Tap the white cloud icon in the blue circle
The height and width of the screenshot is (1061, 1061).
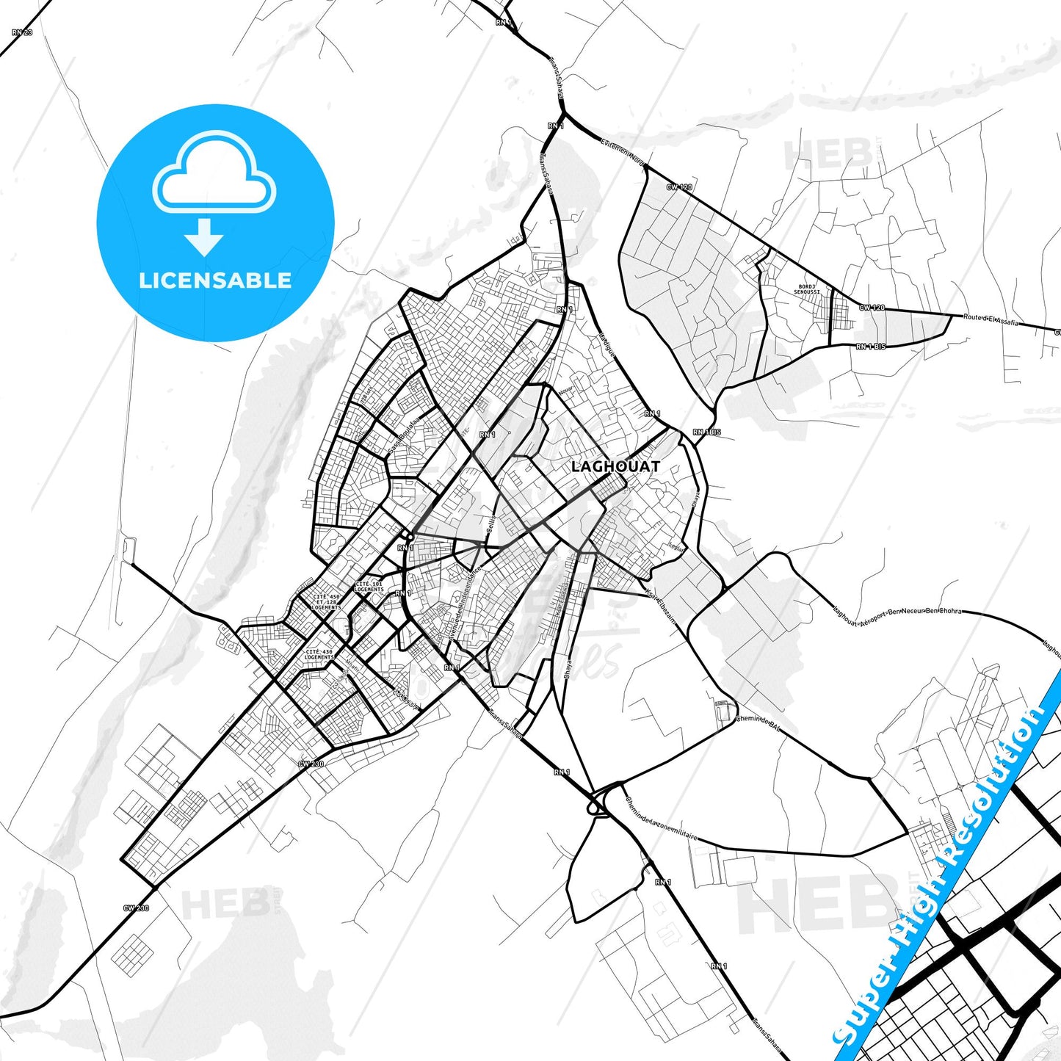pyautogui.click(x=214, y=174)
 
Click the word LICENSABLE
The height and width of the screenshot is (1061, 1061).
pyautogui.click(x=215, y=280)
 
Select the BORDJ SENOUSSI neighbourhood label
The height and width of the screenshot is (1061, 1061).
pyautogui.click(x=805, y=289)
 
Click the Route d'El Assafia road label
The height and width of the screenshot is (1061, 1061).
pyautogui.click(x=991, y=319)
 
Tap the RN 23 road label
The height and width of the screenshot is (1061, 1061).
pyautogui.click(x=23, y=32)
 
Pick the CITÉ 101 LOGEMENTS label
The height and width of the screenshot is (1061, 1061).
pyautogui.click(x=369, y=587)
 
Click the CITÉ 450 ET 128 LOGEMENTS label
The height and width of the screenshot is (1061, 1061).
pyautogui.click(x=326, y=602)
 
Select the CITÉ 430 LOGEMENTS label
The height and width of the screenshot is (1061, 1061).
pyautogui.click(x=319, y=654)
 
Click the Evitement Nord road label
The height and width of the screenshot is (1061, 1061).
pyautogui.click(x=621, y=151)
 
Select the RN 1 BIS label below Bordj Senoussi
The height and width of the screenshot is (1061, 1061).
pyautogui.click(x=870, y=347)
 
